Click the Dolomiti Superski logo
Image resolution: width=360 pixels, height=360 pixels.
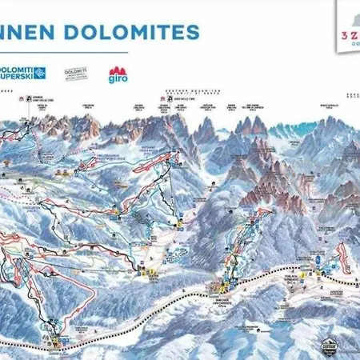click(x=23, y=74)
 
